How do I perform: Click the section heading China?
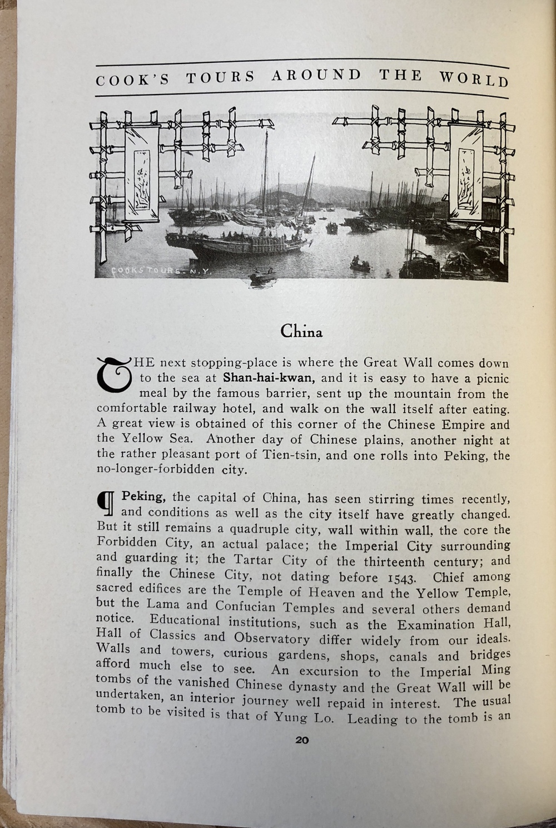point(301,332)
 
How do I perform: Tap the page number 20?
point(302,741)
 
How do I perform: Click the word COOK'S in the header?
point(132,80)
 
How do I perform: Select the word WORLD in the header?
point(474,80)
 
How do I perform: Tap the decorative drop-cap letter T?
point(113,373)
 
